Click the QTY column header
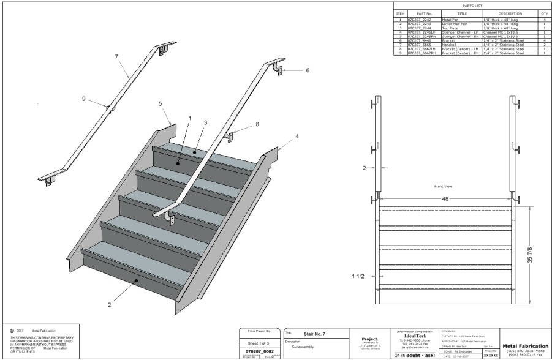[543, 13]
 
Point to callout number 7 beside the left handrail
[116, 56]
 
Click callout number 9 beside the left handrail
[84, 98]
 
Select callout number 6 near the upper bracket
[308, 70]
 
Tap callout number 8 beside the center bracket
[257, 124]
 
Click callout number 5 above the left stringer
[160, 104]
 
